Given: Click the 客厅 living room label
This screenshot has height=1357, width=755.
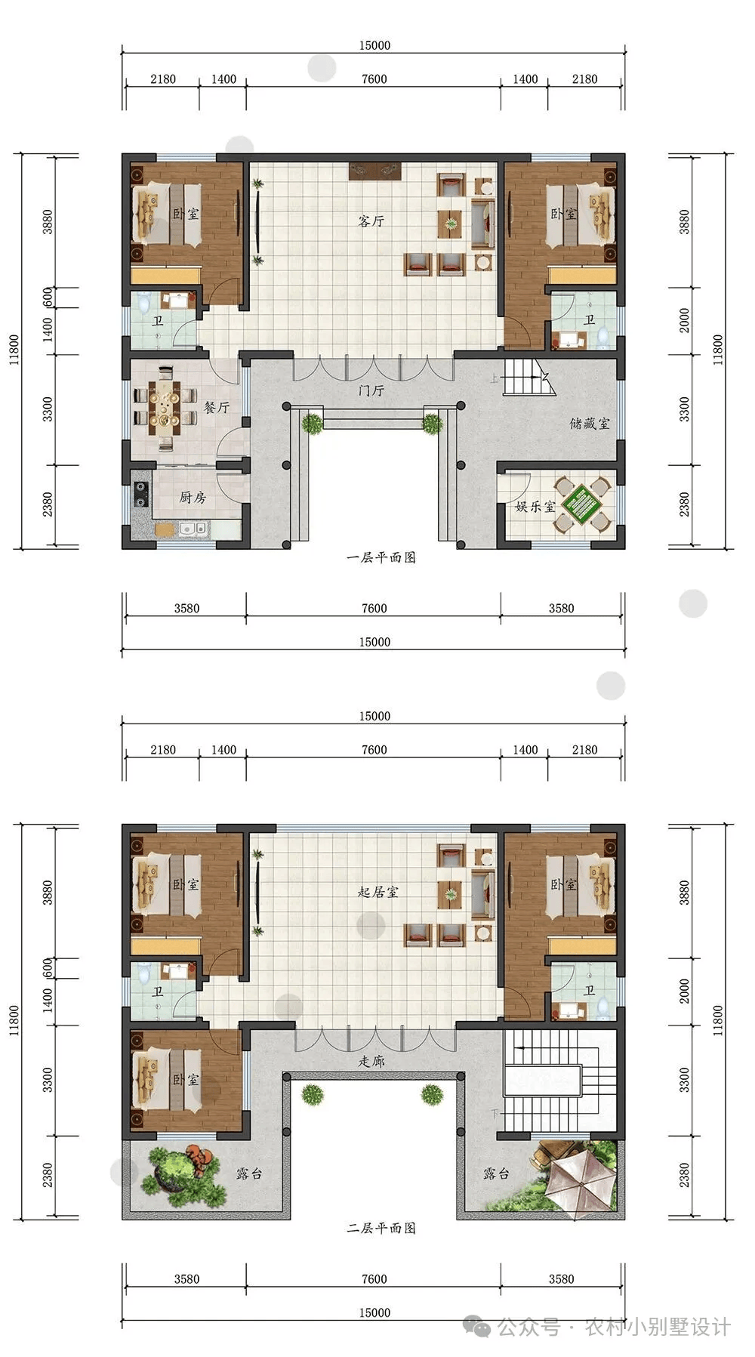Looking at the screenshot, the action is point(371,221).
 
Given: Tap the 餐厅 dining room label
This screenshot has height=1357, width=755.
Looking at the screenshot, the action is point(217,407).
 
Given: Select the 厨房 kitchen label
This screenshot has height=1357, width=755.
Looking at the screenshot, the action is point(193,497).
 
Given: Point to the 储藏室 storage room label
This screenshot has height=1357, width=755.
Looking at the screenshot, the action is point(589,424).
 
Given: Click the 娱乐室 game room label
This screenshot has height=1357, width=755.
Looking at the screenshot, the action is point(535,506).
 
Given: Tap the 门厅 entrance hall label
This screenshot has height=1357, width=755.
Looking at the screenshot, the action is point(371,390).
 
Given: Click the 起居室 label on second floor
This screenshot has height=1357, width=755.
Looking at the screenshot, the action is point(377,892).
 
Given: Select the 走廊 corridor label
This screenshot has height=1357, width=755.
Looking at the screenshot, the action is point(371,1061).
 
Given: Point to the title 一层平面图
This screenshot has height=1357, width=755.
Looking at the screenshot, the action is point(381,558).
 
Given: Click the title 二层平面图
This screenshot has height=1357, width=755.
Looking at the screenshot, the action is point(381,1229).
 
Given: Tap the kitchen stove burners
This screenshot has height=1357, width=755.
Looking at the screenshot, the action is point(140,493).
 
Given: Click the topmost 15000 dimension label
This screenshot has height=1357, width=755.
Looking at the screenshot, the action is point(374,45).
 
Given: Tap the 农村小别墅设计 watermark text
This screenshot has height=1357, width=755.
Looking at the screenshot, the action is point(657,1327).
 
